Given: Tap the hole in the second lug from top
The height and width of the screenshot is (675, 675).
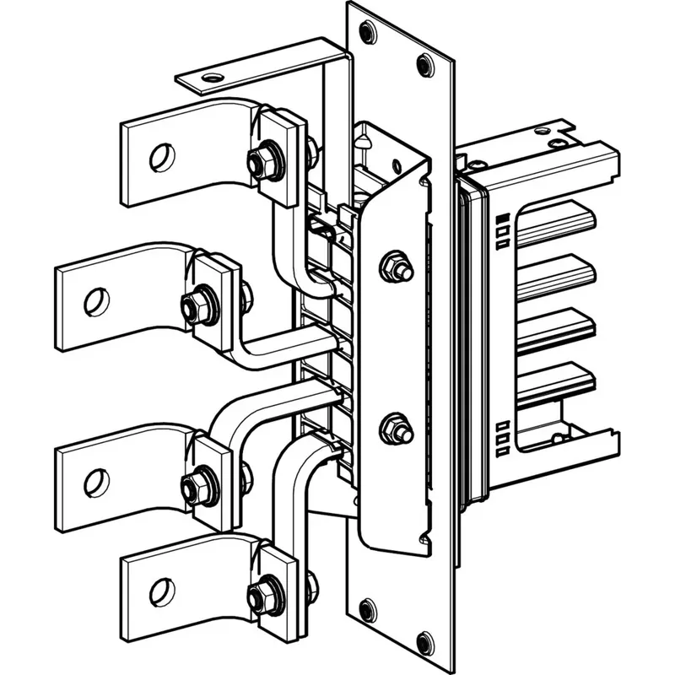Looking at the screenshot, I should [x=96, y=300].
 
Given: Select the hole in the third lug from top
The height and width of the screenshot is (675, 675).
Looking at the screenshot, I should [x=96, y=482].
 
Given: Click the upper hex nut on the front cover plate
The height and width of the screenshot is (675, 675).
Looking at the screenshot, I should [x=394, y=267].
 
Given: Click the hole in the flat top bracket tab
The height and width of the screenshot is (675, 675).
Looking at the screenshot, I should [x=211, y=79].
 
